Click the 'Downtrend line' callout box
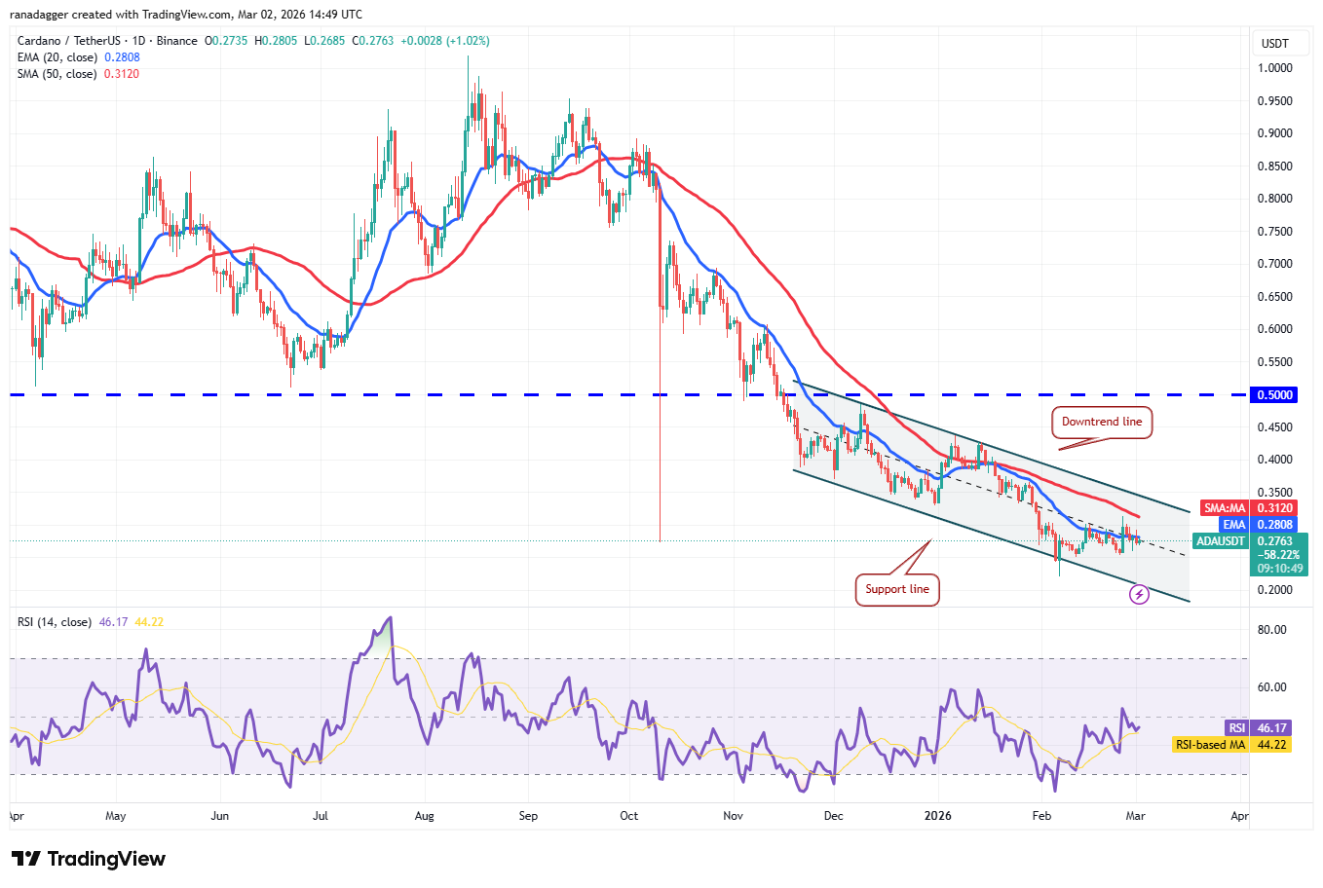1101,423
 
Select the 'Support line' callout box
897,589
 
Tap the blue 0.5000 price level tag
1274,395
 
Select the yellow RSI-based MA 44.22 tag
1231,745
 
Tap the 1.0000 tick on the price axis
1274,68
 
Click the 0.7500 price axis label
1274,232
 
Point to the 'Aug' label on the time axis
424,816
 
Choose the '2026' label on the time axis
937,816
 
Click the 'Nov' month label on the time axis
734,816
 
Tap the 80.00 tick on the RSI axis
1271,630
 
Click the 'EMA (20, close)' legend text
57,57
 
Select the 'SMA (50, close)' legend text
57,74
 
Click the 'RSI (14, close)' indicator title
55,622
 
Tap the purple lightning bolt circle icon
1139,594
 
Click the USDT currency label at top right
1274,44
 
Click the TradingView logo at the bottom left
89,859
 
